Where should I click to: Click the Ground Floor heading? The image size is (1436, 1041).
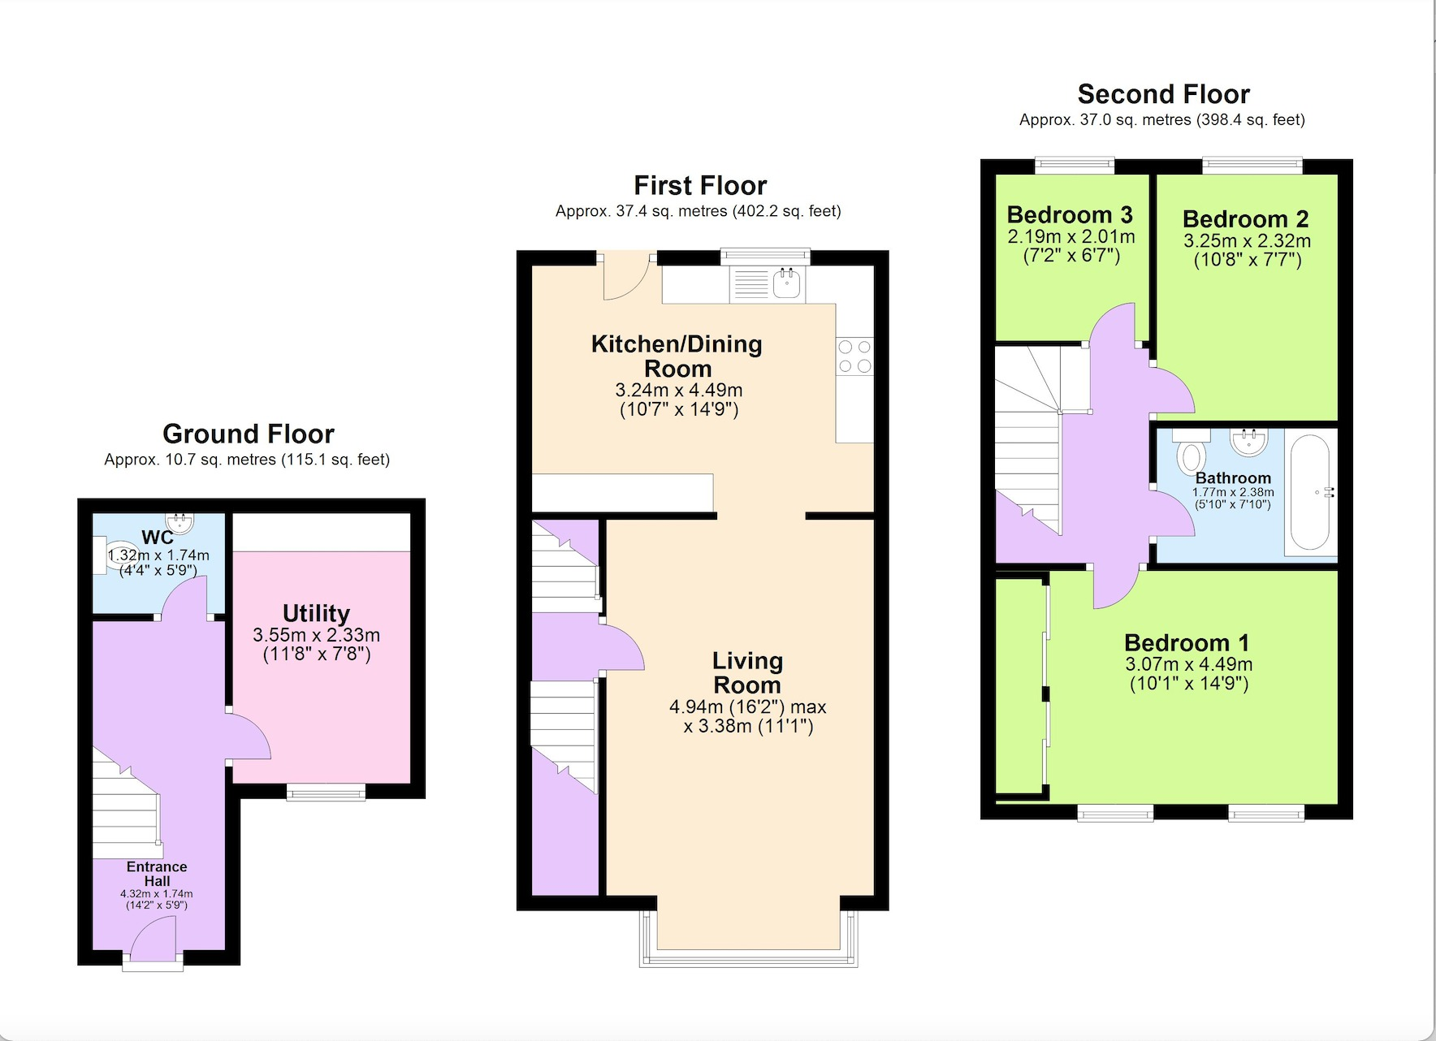248,434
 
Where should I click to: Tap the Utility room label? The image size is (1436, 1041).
316,613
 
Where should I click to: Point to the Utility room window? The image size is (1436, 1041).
326,792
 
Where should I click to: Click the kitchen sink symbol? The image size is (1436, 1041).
787,284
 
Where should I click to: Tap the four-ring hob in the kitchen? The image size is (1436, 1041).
854,356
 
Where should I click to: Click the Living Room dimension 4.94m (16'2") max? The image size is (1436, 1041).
747,707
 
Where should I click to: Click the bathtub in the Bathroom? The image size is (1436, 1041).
1309,493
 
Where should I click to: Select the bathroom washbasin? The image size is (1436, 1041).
1248,442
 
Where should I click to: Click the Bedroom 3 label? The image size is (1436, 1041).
1070,215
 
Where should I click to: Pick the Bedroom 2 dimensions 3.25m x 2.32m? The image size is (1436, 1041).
1247,241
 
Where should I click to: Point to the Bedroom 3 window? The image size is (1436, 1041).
1075,166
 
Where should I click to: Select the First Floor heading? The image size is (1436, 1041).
700,185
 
